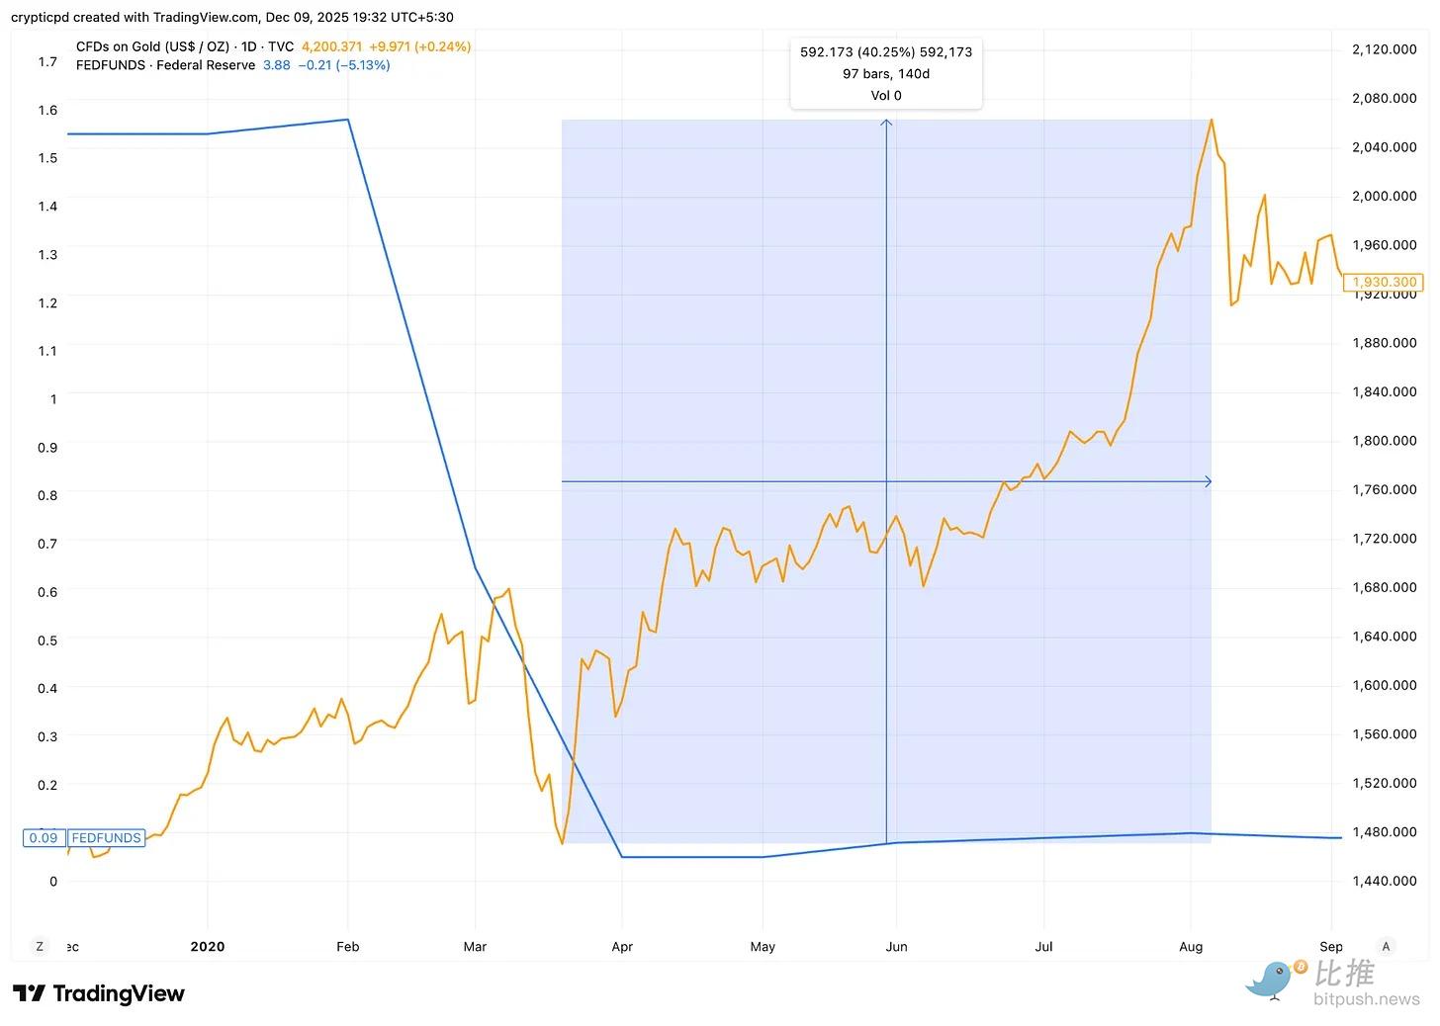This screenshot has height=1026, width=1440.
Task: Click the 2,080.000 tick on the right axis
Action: pos(1384,98)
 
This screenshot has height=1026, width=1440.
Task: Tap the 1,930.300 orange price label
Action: pos(1385,282)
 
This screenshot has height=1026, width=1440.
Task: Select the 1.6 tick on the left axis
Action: pos(47,110)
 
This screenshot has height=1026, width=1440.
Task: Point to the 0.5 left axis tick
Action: pos(47,640)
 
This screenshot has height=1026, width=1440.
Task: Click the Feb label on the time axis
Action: pos(347,946)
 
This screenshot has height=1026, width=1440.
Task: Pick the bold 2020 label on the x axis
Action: pos(208,946)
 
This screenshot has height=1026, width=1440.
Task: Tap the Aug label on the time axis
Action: pos(1191,946)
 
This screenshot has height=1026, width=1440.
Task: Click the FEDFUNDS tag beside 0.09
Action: pos(106,838)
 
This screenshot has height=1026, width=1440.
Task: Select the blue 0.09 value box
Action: pos(44,838)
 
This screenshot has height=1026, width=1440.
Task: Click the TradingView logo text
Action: pos(119,993)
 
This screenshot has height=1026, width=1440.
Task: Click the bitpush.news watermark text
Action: pos(1366,999)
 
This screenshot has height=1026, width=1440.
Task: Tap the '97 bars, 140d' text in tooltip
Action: pos(886,74)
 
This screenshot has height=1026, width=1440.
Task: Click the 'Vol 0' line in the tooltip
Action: pos(886,96)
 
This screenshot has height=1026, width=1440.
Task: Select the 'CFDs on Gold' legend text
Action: pos(152,46)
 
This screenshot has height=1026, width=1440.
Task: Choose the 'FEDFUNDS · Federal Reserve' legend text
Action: pos(165,65)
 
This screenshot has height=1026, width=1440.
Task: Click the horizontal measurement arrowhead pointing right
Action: pos(1208,481)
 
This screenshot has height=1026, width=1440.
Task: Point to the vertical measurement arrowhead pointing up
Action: pos(886,124)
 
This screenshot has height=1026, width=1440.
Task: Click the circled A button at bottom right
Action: pos(1386,946)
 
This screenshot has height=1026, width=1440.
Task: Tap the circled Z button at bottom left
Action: pos(40,946)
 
